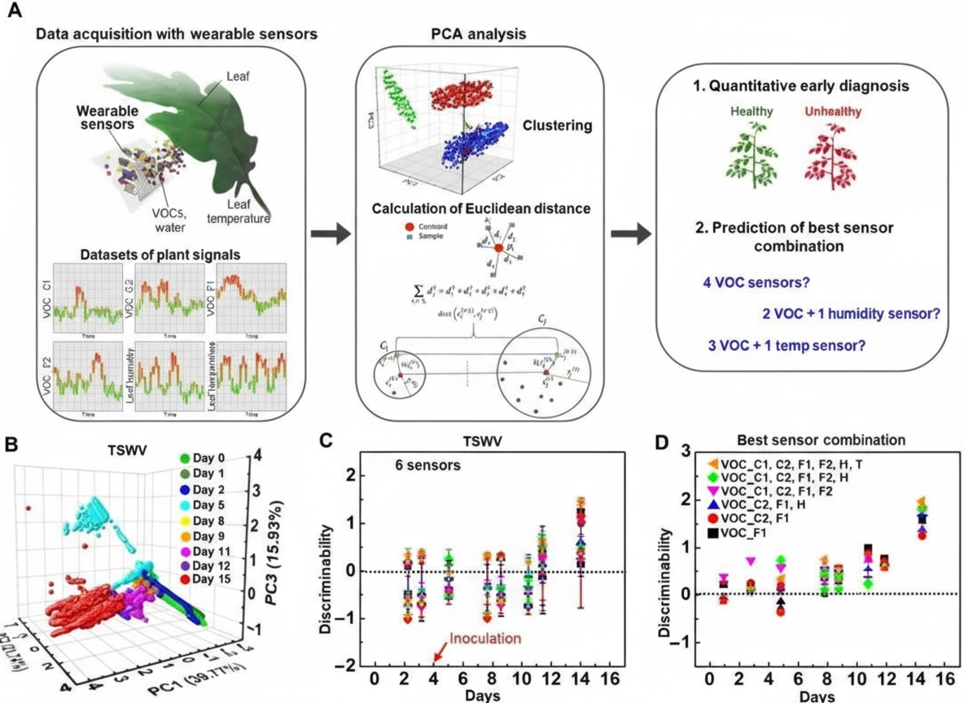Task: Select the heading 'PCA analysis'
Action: tap(478, 34)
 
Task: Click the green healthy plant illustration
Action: tap(748, 155)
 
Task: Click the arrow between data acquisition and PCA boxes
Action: tap(330, 234)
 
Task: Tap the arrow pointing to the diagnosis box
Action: tap(632, 234)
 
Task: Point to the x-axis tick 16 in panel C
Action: tap(609, 679)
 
